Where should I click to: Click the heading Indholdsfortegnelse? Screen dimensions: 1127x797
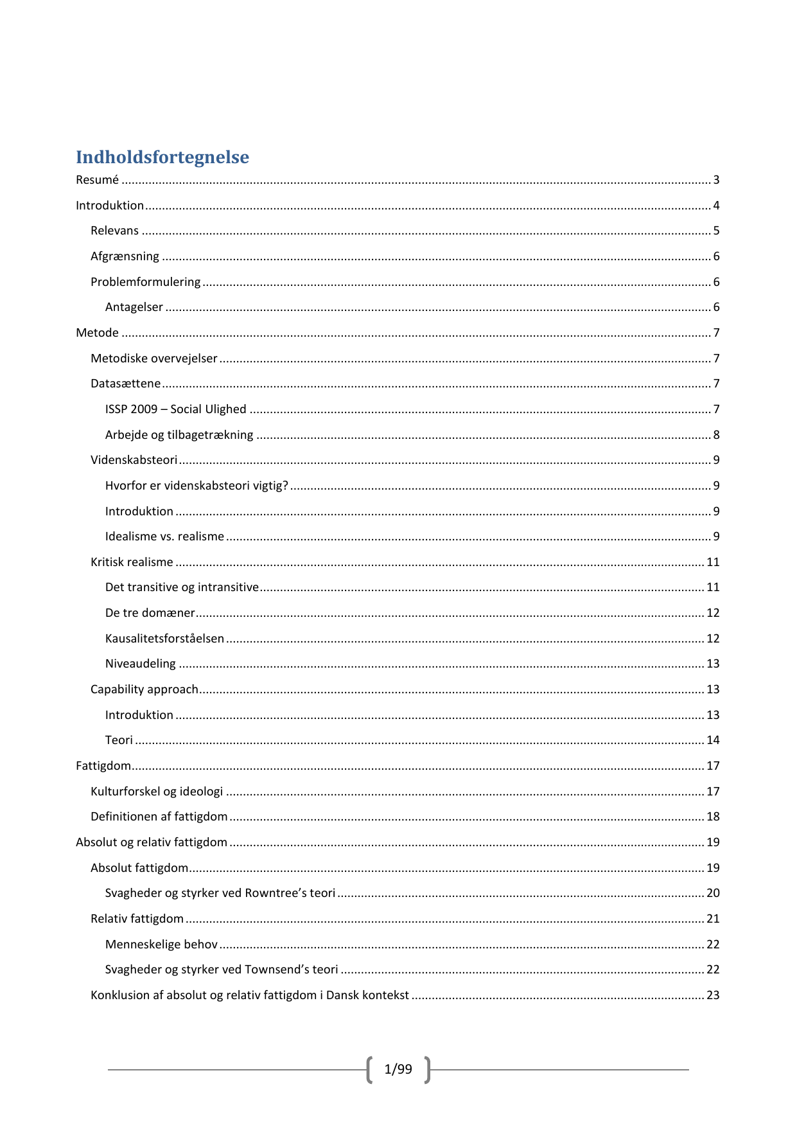pos(162,157)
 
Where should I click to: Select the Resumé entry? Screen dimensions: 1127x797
pos(98,181)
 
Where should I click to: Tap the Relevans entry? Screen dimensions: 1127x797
pos(114,231)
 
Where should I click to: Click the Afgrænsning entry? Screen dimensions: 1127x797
pos(125,256)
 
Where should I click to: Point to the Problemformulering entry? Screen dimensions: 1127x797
pos(145,282)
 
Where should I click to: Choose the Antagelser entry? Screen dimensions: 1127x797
pos(134,308)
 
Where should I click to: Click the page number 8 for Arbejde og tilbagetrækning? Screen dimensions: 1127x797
pos(716,435)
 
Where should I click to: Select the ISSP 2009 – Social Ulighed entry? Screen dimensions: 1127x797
pos(175,409)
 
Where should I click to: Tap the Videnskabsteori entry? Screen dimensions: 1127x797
pos(134,460)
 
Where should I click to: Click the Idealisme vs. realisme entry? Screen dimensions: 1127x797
pos(164,537)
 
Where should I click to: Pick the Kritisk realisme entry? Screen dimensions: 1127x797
pos(132,562)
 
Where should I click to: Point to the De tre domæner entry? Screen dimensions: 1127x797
pos(150,613)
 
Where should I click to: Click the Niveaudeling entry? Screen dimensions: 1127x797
pos(140,664)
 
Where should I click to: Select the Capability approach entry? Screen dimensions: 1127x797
pos(144,689)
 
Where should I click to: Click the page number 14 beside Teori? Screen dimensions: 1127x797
pos(713,740)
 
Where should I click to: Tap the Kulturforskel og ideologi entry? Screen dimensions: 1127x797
pos(157,792)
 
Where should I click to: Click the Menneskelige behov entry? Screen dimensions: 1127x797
pos(161,945)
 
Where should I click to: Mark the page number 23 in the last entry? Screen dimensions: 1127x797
pos(713,995)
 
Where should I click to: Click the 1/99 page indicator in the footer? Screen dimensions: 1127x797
pos(398,1069)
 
